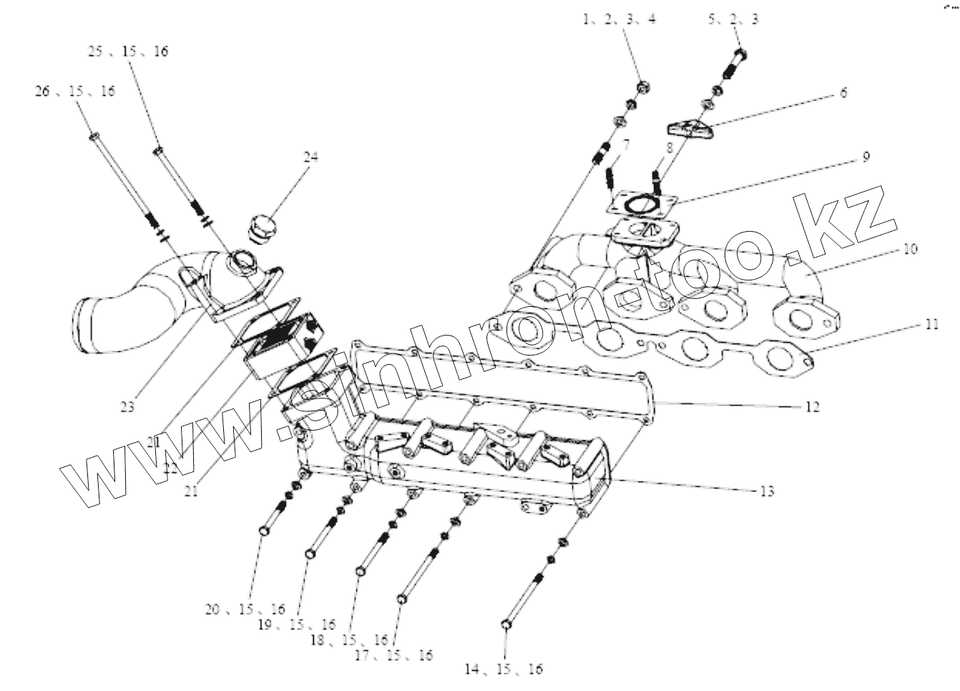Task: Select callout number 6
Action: click(843, 93)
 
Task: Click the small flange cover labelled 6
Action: click(690, 129)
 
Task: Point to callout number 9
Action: click(866, 157)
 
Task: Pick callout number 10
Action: click(910, 249)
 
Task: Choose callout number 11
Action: click(930, 325)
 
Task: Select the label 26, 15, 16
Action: click(74, 92)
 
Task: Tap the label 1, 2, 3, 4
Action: click(619, 19)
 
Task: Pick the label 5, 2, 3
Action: click(733, 19)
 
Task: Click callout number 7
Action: click(625, 145)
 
